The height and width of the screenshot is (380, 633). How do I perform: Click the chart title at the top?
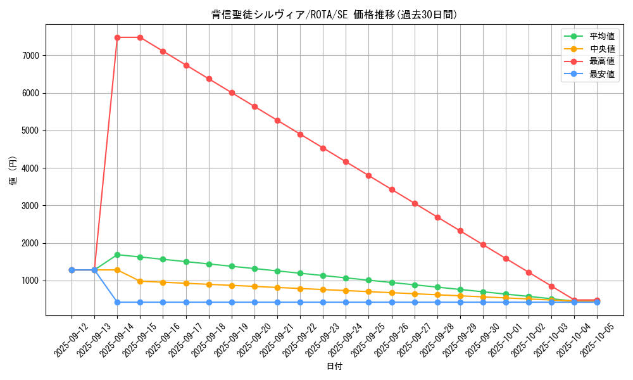(334, 15)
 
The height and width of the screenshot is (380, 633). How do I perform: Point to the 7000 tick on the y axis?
(31, 56)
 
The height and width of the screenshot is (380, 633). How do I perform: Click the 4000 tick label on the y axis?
(31, 168)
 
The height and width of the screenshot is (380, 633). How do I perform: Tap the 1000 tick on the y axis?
(31, 281)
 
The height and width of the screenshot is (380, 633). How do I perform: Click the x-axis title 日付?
(334, 367)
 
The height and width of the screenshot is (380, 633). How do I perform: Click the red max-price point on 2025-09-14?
(117, 37)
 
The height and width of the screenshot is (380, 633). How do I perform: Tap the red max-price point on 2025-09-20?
(254, 106)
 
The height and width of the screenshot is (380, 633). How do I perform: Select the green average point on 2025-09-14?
(117, 255)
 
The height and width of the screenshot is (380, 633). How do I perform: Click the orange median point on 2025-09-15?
(140, 281)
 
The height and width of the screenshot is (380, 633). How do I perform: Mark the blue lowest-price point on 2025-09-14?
(117, 302)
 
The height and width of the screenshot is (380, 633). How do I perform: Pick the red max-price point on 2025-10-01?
(506, 258)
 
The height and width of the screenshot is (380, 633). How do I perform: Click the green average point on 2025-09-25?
(368, 280)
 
